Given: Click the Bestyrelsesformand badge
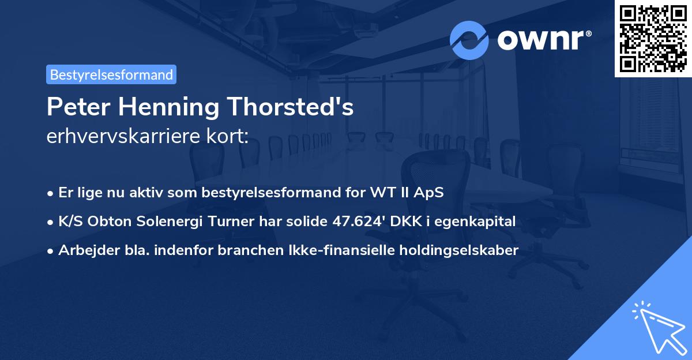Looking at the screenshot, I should point(111,74).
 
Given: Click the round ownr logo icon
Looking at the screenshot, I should point(469,40).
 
